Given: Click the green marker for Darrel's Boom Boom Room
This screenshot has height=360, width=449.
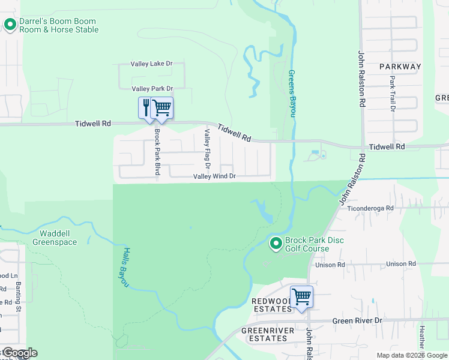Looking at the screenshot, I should click(10, 25).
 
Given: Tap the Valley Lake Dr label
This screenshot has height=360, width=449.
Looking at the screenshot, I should click(152, 64).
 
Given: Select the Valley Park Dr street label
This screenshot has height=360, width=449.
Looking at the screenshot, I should click(152, 89).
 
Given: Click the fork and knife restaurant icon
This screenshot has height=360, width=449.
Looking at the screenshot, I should click(146, 108).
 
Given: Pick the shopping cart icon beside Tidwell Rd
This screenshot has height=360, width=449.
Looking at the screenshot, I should click(162, 108).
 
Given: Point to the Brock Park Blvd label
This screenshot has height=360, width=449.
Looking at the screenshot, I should click(157, 152).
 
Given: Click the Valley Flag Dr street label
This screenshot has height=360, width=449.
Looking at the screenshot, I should click(208, 148).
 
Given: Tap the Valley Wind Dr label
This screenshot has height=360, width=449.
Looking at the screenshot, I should click(214, 177).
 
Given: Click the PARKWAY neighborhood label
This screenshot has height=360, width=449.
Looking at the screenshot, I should click(400, 67).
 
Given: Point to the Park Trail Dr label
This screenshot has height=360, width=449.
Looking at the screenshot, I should click(392, 94).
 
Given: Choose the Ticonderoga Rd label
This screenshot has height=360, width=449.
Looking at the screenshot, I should click(372, 208).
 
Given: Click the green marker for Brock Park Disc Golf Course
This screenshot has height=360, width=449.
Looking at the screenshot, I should click(276, 244).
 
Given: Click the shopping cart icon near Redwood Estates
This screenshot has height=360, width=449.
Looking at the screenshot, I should click(301, 296).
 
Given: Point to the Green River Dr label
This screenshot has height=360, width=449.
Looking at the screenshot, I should click(357, 321).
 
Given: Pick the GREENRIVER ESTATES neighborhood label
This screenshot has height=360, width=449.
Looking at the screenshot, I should click(265, 334).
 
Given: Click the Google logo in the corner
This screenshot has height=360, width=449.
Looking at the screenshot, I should click(19, 353).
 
